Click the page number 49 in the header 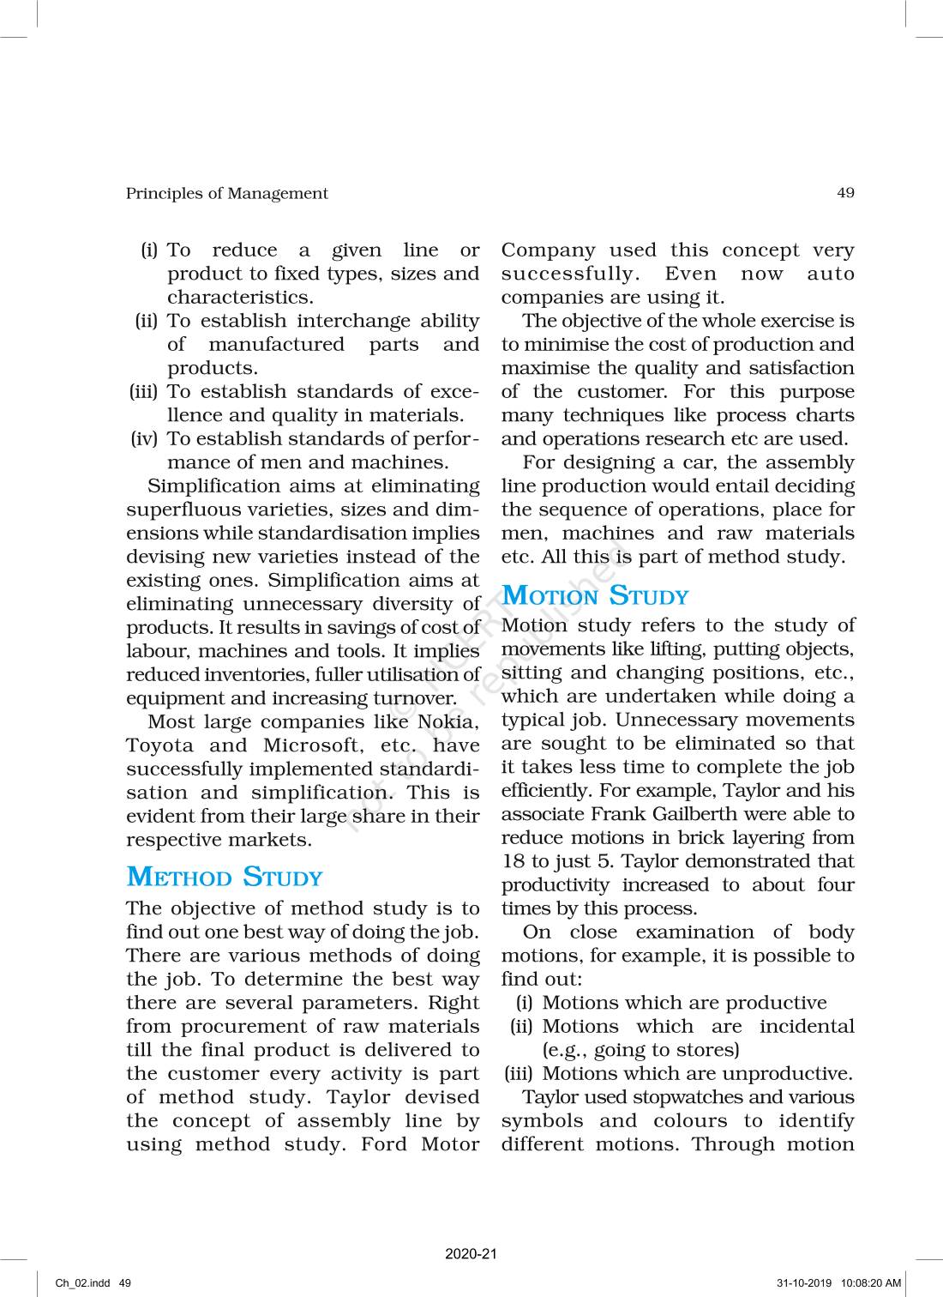pos(845,193)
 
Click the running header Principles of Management pos(226,194)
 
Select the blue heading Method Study pos(225,878)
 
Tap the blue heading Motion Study pos(595,596)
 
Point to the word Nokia pos(447,722)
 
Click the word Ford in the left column pos(383,1144)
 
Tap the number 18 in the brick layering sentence pos(513,861)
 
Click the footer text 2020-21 pos(471,1254)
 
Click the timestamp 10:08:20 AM pos(871,1283)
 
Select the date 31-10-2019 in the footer pos(805,1283)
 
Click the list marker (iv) pos(144,439)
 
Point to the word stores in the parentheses pos(708,1050)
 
